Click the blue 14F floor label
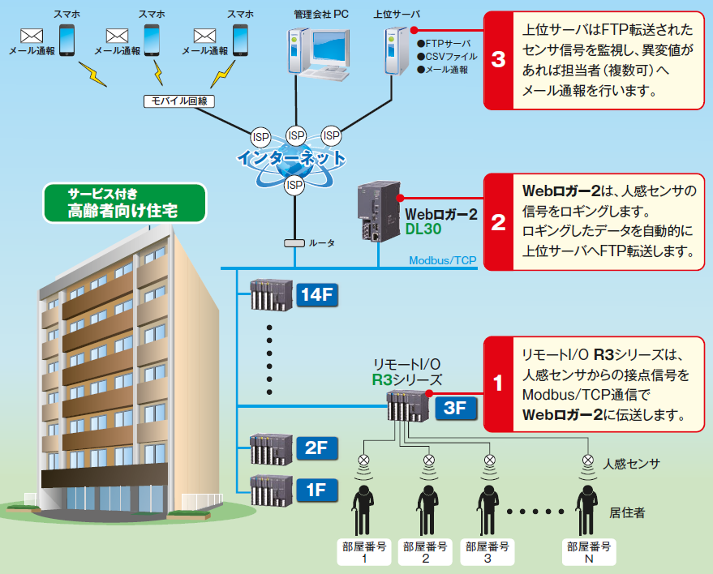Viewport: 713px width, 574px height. pos(316,296)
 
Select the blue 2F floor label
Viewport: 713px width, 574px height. pos(316,448)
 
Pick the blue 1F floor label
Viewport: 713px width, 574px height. pos(316,488)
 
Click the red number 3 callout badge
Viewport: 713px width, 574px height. pos(498,60)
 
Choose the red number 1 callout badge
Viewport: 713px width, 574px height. pos(498,383)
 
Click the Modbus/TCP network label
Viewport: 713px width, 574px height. pos(442,260)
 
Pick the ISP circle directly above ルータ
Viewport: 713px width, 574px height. pos(294,186)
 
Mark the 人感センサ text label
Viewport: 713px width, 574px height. pos(631,464)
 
